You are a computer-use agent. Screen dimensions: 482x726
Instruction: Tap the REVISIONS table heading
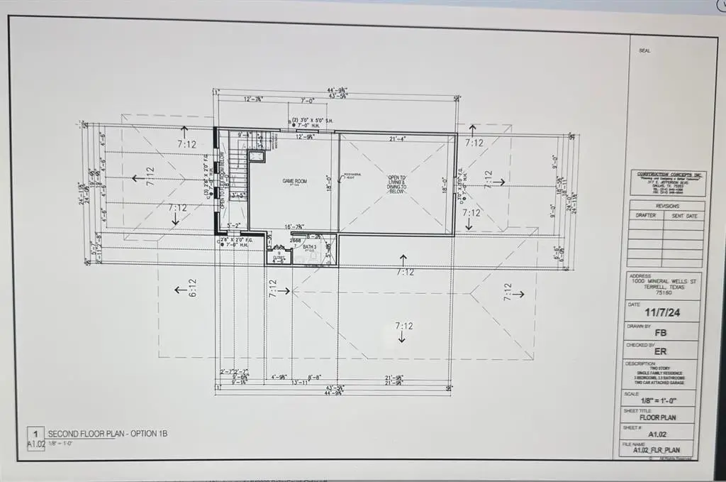(666, 206)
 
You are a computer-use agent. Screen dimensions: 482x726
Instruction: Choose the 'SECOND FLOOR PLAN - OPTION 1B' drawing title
(107, 434)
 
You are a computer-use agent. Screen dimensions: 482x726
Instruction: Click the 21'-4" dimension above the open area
(397, 138)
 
